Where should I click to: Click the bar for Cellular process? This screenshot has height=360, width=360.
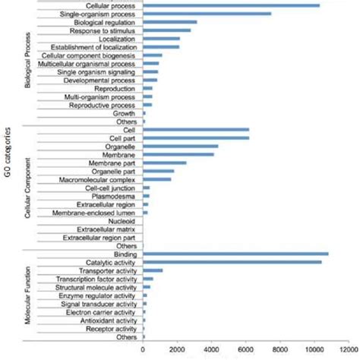(x=231, y=6)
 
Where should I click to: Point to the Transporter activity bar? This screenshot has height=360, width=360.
(x=153, y=270)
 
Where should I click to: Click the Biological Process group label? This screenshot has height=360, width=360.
(x=28, y=62)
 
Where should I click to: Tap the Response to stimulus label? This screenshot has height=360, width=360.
(x=103, y=31)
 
